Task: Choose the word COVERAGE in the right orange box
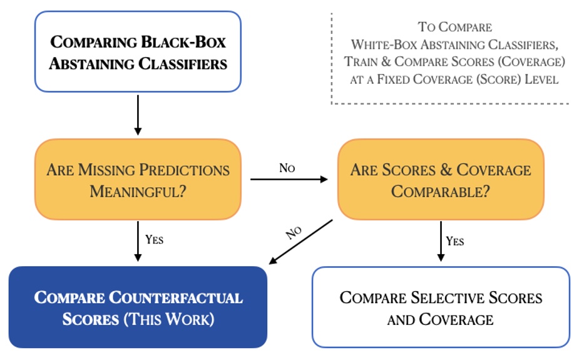coord(494,170)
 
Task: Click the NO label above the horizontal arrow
coord(287,168)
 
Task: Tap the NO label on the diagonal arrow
coord(294,232)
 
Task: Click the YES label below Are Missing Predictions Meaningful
coord(154,239)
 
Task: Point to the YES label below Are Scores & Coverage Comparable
coord(455,240)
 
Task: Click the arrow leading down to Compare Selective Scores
coord(441,240)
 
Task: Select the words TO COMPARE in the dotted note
coord(454,28)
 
